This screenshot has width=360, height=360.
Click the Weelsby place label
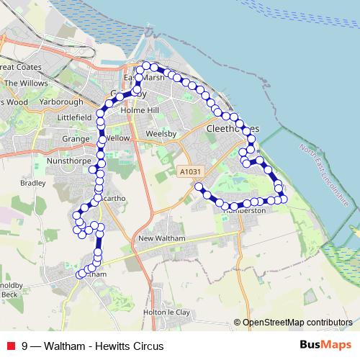coord(160,134)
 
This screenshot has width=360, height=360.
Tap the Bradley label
coord(32,184)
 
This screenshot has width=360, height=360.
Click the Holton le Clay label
coord(167,312)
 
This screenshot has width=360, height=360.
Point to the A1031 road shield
coord(188,171)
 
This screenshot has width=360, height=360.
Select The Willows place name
coord(26,83)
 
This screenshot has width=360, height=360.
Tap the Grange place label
coord(75,139)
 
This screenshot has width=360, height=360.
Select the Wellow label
coord(117,138)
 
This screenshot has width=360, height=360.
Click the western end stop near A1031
coord(199,186)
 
